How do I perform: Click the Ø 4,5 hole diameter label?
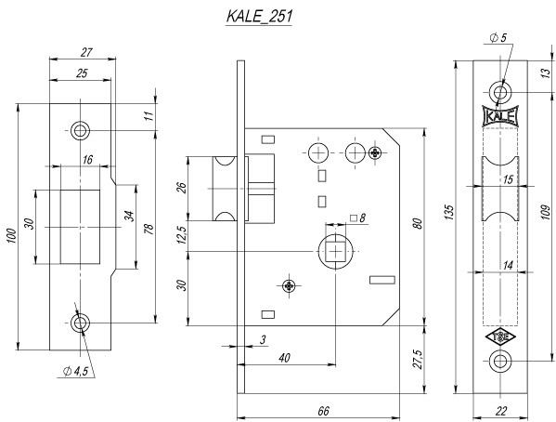click(77, 372)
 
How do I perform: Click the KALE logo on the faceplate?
click(500, 117)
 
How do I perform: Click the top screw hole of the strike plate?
click(81, 130)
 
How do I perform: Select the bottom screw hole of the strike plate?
click(81, 323)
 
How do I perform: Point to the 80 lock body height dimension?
click(418, 224)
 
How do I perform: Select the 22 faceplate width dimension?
click(500, 410)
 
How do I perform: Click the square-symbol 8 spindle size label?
click(357, 218)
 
